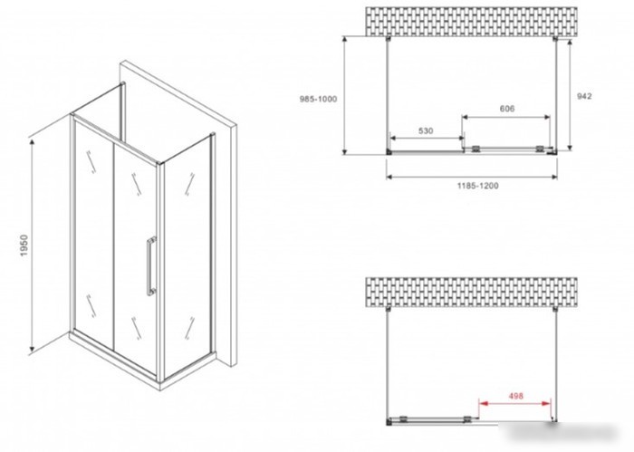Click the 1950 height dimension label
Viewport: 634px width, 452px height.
[24, 245]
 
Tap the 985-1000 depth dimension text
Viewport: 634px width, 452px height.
[318, 99]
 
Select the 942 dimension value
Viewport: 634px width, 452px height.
[584, 96]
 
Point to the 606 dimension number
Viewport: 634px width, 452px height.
[507, 109]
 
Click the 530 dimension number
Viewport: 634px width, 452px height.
[426, 130]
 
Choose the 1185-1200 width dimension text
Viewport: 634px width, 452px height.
[478, 186]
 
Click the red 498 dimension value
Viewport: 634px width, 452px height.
[515, 396]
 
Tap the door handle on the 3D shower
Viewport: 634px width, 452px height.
[151, 266]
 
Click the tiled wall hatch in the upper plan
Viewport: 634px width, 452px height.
[472, 22]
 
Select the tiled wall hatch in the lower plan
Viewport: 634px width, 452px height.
[472, 293]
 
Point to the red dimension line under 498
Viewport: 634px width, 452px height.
[514, 403]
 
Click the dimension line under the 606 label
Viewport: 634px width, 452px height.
[505, 117]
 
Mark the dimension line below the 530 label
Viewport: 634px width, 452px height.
[427, 139]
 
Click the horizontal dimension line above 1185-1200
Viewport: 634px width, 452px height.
[472, 177]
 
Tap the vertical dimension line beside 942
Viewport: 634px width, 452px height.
[570, 94]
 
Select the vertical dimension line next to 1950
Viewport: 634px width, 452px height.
[32, 245]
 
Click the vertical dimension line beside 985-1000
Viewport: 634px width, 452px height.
[344, 95]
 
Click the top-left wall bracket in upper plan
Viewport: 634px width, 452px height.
[389, 39]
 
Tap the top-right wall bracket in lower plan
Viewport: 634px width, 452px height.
[555, 309]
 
